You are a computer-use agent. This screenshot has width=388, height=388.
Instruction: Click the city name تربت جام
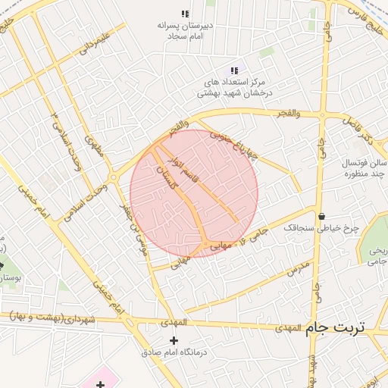[x=335, y=327]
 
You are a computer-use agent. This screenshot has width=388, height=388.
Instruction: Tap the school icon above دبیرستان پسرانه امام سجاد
[x=184, y=14]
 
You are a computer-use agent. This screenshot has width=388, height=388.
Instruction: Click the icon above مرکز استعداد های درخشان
[x=234, y=70]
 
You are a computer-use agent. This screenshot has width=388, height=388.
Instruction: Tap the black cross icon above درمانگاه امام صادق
[x=174, y=340]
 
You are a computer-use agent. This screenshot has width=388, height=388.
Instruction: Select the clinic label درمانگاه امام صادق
[x=174, y=353]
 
